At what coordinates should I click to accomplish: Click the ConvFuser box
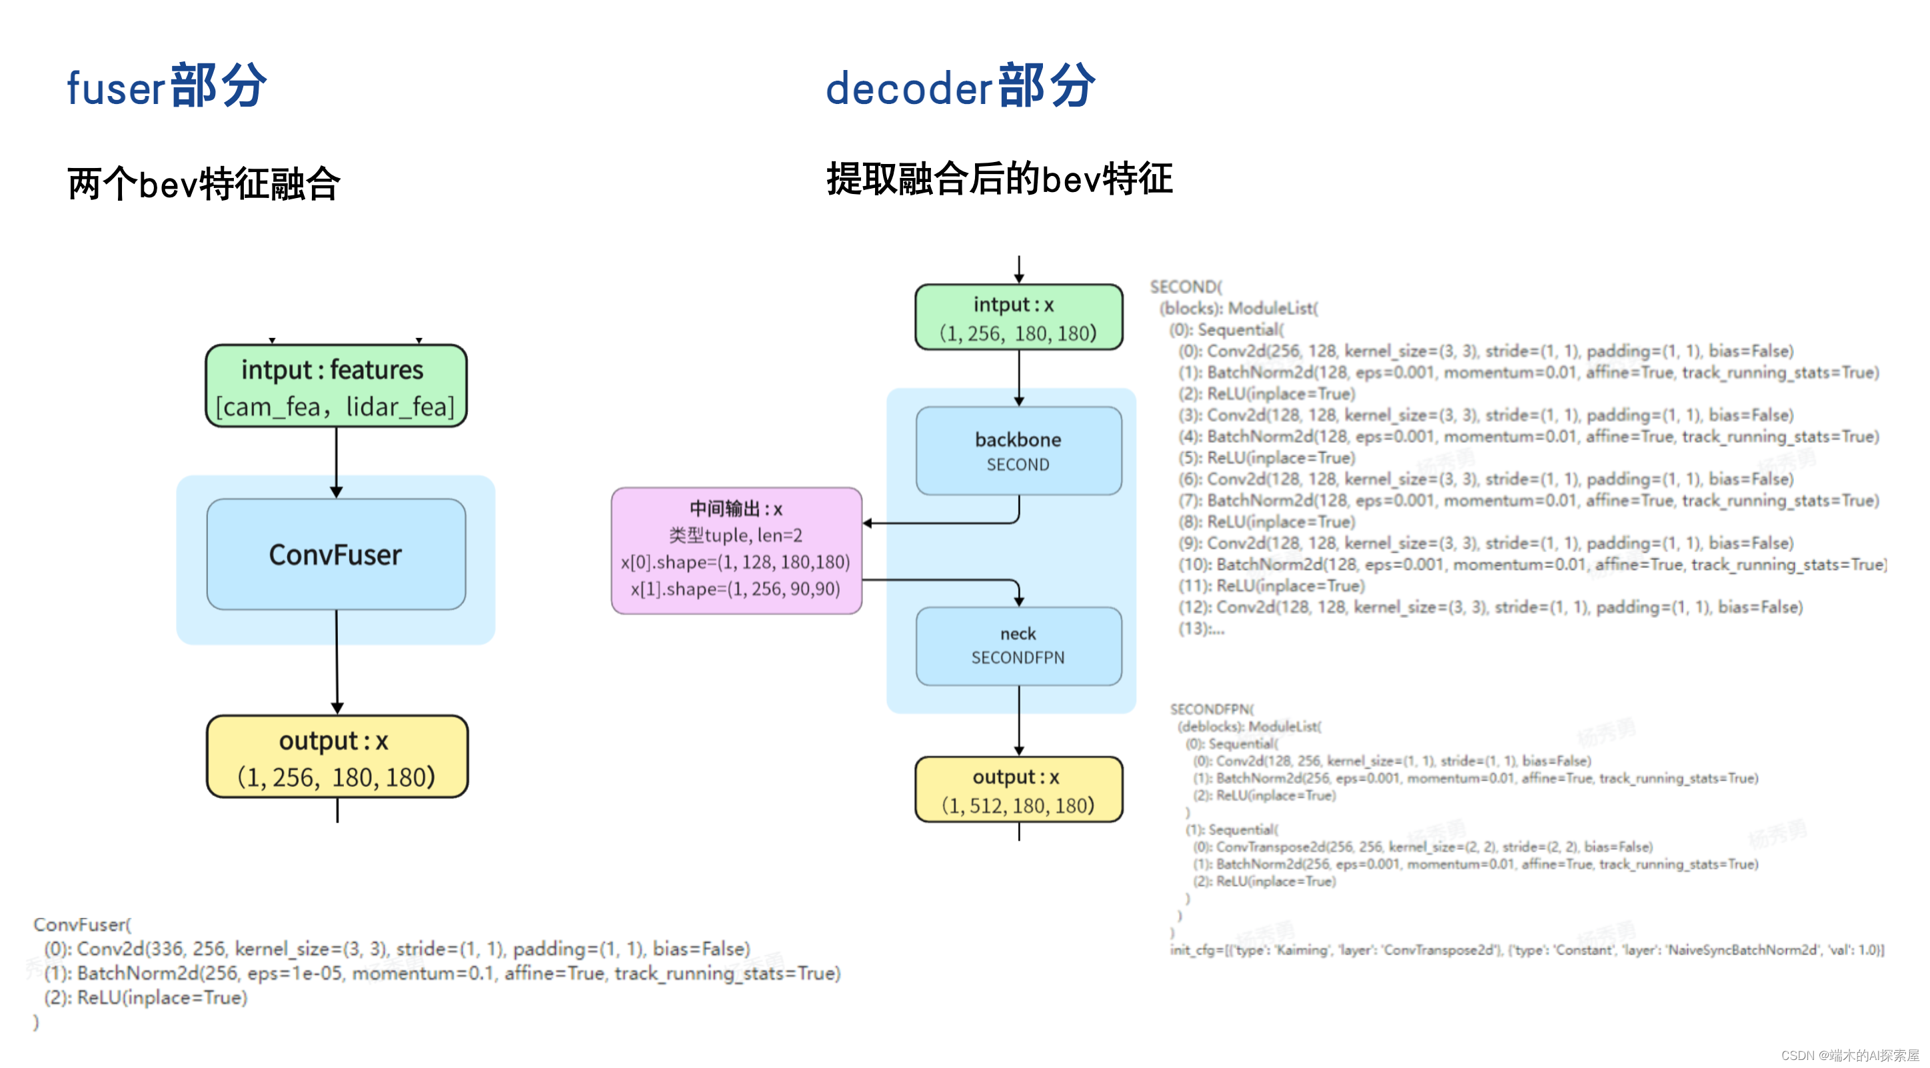(336, 554)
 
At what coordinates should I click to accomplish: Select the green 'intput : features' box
(336, 386)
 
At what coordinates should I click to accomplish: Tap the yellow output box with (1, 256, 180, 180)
(337, 757)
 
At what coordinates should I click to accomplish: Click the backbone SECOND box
(1018, 451)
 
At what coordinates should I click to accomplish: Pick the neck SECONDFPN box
(1018, 645)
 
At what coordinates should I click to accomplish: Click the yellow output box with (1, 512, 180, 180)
(1018, 790)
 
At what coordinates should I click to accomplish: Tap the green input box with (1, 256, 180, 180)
(1018, 317)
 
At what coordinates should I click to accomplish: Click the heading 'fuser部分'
(167, 86)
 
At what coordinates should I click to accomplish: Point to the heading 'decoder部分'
(960, 86)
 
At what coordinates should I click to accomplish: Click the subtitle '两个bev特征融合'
(204, 183)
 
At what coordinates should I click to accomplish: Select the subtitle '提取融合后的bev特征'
(999, 179)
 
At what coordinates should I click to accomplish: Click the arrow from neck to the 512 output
(1018, 719)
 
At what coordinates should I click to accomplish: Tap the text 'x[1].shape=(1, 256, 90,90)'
(735, 589)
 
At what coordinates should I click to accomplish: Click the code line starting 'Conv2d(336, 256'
(397, 949)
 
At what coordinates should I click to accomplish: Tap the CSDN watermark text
(1850, 1055)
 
